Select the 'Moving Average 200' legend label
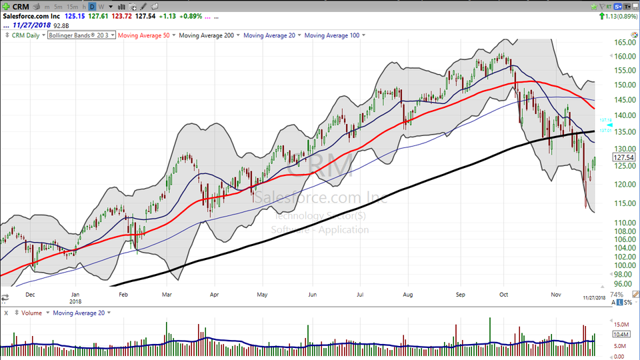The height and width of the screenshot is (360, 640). [x=207, y=35]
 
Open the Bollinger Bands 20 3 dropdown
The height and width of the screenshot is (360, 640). [x=81, y=35]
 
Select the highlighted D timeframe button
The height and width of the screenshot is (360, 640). [x=91, y=7]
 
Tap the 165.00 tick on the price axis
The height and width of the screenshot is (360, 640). [x=623, y=42]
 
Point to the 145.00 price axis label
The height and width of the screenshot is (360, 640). [x=623, y=100]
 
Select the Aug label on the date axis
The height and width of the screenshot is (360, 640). [x=408, y=293]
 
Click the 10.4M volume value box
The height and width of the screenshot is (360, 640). [x=621, y=335]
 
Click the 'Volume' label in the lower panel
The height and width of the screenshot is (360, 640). [x=31, y=313]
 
